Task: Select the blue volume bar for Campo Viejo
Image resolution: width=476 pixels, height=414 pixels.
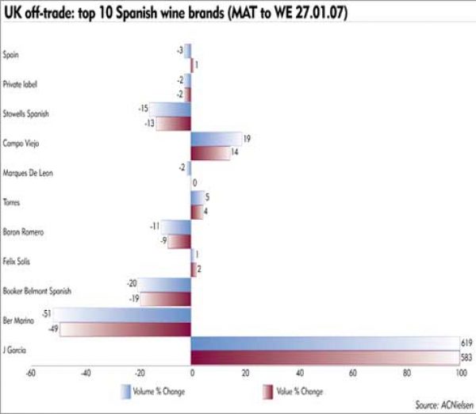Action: pos(217,138)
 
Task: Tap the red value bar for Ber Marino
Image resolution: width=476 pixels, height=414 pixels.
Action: pos(115,329)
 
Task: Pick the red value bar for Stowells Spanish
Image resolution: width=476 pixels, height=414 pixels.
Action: pos(172,123)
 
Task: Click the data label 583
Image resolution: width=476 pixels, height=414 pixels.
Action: pos(466,358)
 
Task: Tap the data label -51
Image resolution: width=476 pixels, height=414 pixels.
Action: pos(46,314)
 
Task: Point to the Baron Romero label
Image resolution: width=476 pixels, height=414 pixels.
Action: pos(25,232)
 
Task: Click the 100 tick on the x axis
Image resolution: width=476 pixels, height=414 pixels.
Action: pos(460,372)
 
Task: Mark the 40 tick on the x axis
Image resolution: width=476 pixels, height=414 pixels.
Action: pos(299,372)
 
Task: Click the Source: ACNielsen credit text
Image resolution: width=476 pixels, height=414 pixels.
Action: pos(442,404)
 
